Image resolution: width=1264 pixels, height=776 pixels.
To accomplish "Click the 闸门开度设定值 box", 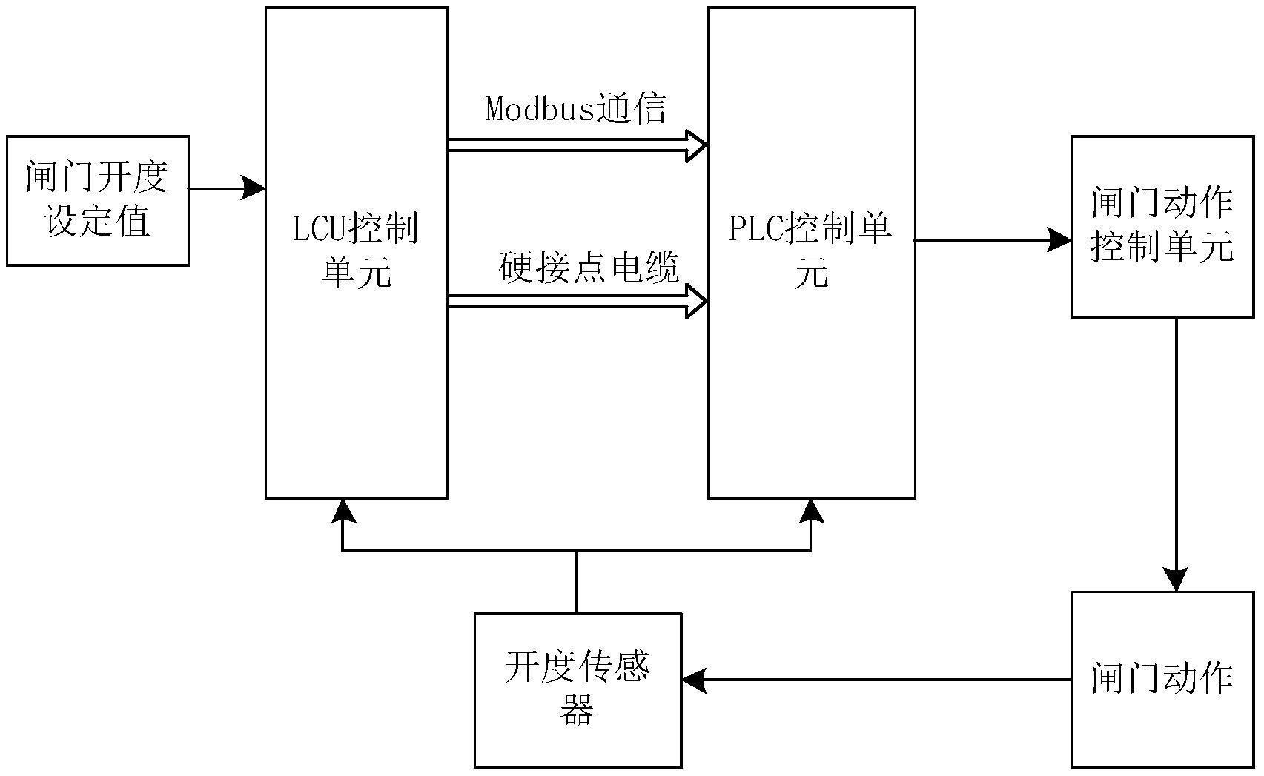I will click(97, 200).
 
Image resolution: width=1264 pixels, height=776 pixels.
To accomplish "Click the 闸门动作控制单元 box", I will click(1162, 226).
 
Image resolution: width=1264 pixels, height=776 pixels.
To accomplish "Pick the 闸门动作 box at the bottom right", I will click(1162, 679).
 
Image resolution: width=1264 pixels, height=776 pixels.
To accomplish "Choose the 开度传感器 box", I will click(578, 689).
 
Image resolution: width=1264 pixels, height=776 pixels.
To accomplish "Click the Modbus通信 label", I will click(576, 108).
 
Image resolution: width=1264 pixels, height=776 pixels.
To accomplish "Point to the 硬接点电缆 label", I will click(589, 268).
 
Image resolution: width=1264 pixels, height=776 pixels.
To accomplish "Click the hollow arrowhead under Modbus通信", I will click(695, 145).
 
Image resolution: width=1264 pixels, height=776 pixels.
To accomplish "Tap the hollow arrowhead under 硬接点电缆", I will click(695, 301).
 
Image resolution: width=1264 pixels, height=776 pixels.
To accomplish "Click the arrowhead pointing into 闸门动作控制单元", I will click(1061, 240).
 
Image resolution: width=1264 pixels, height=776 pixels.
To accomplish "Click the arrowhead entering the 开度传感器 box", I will click(693, 680).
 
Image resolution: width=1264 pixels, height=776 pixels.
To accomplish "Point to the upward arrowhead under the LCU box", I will click(342, 510).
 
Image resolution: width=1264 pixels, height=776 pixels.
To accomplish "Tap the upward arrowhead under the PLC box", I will click(811, 510).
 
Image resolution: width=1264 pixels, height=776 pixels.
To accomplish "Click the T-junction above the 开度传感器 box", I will click(577, 551).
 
